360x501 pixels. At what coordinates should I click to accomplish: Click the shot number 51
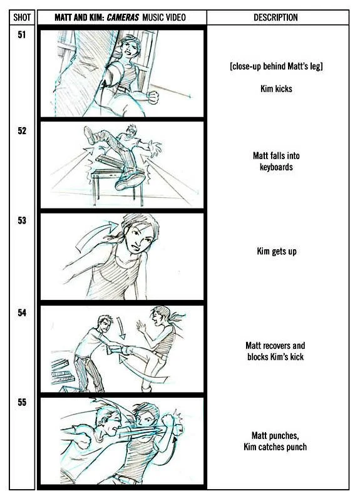(x=22, y=34)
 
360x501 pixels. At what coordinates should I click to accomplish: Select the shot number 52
(x=22, y=131)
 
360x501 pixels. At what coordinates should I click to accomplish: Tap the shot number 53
(x=22, y=220)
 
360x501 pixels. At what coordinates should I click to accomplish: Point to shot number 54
(x=22, y=312)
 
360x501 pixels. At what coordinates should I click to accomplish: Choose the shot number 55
(x=22, y=402)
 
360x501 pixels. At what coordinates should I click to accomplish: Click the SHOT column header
(x=22, y=18)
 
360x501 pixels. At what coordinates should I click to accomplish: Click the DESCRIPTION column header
(x=275, y=18)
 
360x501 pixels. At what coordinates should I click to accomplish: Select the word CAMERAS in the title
(x=123, y=18)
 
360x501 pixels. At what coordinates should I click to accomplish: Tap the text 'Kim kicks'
(x=276, y=88)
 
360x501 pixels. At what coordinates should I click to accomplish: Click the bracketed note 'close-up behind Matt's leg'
(x=276, y=66)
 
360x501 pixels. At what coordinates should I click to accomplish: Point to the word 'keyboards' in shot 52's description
(x=276, y=167)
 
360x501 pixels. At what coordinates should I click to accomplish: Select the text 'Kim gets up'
(x=277, y=252)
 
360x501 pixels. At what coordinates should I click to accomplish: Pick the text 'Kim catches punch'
(x=275, y=447)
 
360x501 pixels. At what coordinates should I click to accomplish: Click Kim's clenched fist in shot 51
(x=153, y=97)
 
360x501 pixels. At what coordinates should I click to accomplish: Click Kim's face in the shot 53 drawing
(x=140, y=238)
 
